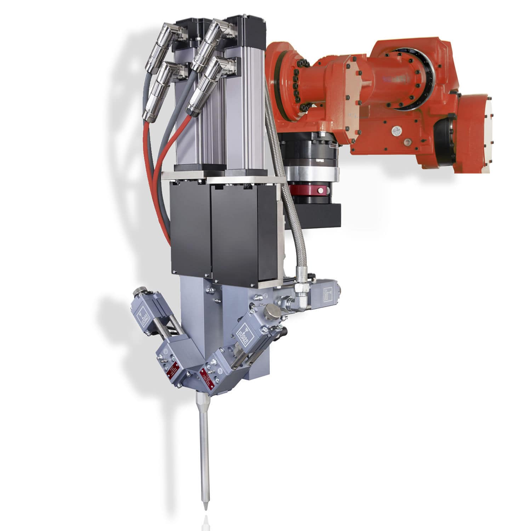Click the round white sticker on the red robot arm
[395, 131]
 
